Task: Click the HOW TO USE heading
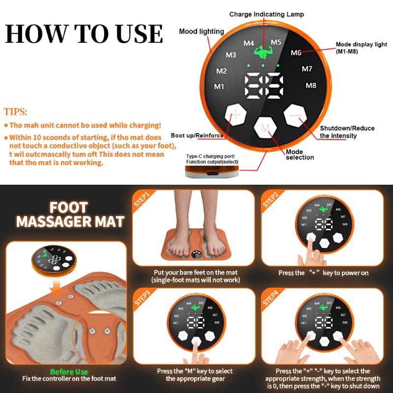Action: [84, 33]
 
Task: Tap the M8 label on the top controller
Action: [310, 85]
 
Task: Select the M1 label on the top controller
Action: [219, 87]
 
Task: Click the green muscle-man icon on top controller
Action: [262, 52]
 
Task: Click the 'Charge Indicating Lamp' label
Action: [266, 14]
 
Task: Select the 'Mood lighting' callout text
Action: [201, 31]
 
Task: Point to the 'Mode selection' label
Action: [300, 154]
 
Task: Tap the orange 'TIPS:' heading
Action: [16, 112]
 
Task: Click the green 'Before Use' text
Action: [69, 372]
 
